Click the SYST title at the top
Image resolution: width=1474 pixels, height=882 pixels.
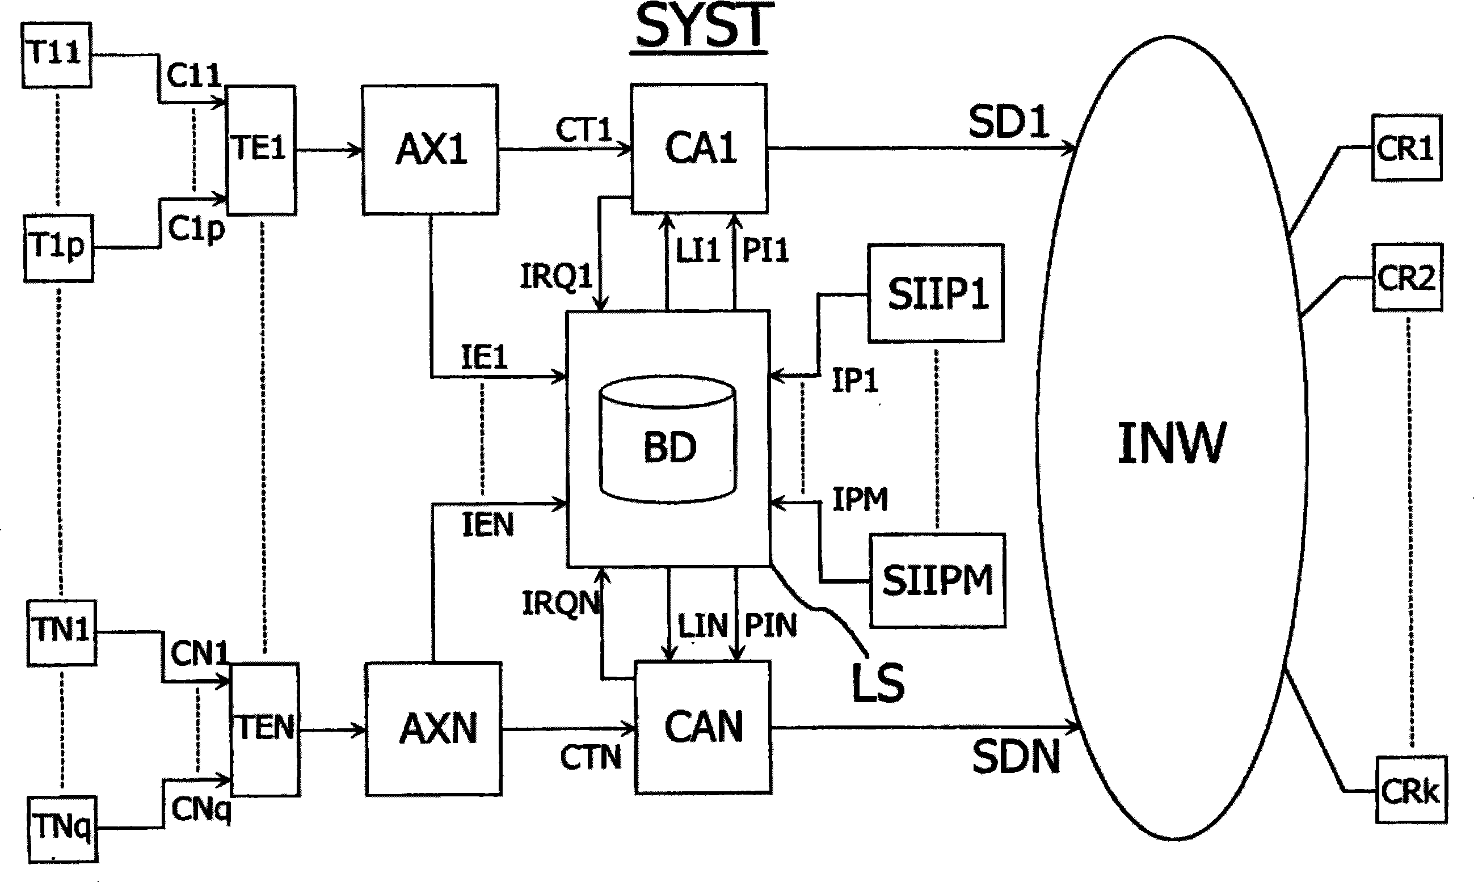point(704,27)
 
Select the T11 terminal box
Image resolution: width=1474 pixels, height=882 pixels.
point(57,54)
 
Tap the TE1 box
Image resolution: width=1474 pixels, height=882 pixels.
point(261,149)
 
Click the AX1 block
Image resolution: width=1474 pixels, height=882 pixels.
point(430,149)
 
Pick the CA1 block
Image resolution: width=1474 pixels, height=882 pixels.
point(699,148)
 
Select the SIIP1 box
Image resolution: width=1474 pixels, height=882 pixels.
point(936,293)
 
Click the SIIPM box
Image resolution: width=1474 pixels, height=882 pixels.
point(937,580)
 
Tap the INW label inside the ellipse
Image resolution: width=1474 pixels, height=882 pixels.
point(1171,444)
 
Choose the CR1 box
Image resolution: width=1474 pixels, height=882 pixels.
point(1406,148)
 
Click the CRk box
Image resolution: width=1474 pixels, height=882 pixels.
point(1411,791)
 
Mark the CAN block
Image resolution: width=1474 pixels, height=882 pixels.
point(703,727)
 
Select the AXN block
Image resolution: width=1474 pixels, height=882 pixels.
point(435,729)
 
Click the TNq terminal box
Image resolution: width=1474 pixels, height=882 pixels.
point(62,829)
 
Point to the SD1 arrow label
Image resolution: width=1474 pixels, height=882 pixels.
point(1009,123)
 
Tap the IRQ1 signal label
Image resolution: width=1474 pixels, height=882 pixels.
point(557,276)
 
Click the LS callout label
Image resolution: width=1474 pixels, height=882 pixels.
point(878,683)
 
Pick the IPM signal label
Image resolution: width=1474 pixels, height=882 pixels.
point(860,499)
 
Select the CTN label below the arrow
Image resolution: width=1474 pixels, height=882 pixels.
point(590,758)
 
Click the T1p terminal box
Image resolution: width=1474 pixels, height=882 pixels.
point(58,247)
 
